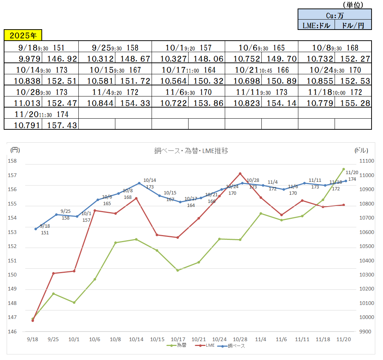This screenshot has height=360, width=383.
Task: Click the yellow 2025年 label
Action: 23,35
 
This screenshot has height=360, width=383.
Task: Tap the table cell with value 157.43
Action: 60,125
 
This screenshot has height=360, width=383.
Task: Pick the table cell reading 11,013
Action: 23,103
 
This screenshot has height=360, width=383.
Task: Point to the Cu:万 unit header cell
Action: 335,16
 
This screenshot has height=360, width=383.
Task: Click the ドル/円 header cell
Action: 353,25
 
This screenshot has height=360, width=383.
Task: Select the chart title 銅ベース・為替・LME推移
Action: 191,151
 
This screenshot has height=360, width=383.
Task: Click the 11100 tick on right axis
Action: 366,161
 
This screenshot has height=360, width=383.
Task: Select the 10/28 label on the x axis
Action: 240,339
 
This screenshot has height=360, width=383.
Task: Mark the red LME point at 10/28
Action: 240,174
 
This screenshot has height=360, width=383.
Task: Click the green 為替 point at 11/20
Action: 343,169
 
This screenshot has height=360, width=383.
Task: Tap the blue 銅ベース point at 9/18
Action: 35,229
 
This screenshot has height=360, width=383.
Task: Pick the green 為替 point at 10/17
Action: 178,271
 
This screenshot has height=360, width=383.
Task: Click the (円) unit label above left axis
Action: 15,150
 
